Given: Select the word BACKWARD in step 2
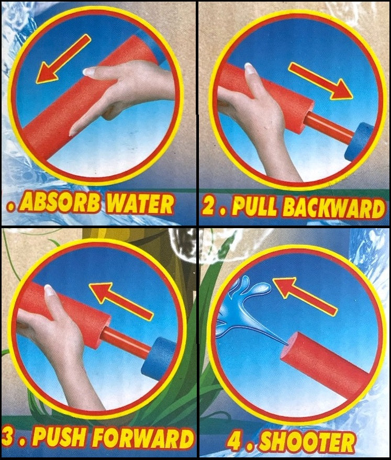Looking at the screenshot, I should click(333, 208).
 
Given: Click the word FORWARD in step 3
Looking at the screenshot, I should click(147, 439).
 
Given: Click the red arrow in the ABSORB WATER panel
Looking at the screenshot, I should click(63, 59).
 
